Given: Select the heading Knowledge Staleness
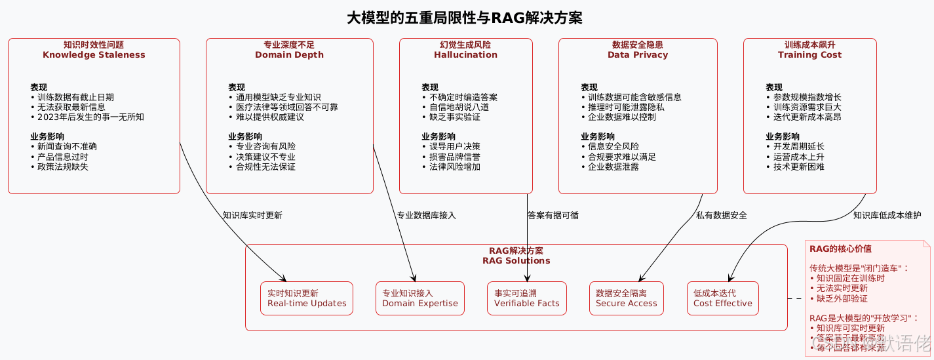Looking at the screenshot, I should click(94, 55).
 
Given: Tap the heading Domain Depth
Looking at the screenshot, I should click(289, 55).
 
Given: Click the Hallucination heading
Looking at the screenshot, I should click(465, 55).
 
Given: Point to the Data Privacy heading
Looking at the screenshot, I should click(637, 55).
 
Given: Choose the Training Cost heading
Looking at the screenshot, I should click(809, 55).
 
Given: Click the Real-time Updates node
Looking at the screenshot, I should click(307, 298).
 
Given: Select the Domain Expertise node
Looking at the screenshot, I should click(420, 298).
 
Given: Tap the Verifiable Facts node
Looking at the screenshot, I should click(527, 298).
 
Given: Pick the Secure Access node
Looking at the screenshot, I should click(626, 298).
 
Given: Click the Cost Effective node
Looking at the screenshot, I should click(723, 298).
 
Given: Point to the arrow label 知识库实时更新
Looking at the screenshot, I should click(252, 215).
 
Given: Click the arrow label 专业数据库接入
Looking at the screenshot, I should click(426, 215).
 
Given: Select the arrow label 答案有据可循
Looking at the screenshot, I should click(553, 215).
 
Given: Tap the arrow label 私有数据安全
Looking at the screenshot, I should click(721, 215).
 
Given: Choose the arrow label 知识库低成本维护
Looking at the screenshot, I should click(887, 215).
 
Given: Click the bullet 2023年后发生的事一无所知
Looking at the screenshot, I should click(87, 117).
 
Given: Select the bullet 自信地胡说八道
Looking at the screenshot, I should click(455, 107).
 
